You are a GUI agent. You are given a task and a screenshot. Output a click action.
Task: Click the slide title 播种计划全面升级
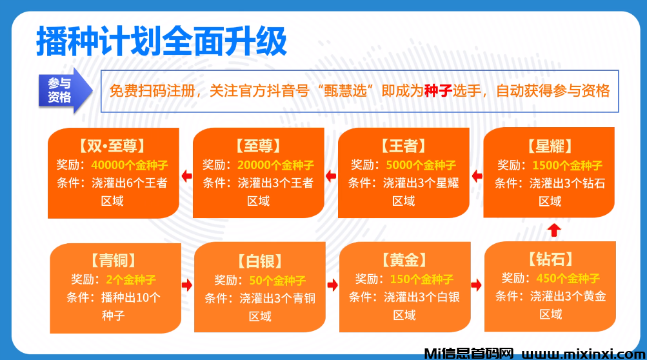point(161,41)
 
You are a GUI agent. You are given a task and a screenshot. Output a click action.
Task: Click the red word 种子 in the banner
point(438,90)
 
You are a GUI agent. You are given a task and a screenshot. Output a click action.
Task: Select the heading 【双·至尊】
point(112,146)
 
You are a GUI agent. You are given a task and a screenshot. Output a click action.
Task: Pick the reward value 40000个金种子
point(130,165)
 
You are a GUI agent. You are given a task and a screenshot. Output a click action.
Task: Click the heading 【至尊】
point(258,146)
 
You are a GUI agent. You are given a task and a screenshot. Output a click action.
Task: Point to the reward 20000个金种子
point(275,165)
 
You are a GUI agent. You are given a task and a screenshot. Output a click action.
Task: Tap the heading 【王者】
point(404,146)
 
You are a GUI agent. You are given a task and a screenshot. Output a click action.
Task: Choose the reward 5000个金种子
point(421,165)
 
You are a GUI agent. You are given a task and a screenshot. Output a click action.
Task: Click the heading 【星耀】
point(550,146)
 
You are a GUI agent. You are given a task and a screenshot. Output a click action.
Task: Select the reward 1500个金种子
point(568,166)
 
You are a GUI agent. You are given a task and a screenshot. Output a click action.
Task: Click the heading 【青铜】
point(114,261)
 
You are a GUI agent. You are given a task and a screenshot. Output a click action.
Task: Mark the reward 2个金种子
point(131,280)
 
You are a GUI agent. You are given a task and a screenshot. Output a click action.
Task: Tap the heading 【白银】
point(260,261)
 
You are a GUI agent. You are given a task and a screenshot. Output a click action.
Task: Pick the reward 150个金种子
point(422,279)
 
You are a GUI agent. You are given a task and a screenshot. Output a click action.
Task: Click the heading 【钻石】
point(551,259)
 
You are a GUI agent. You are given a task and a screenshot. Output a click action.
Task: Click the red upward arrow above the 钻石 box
point(554,230)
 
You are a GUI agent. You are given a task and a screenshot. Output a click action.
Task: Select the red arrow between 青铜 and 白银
point(187,285)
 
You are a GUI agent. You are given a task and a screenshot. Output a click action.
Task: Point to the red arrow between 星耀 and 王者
point(477,176)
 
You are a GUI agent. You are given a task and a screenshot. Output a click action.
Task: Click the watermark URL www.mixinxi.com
point(583,354)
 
